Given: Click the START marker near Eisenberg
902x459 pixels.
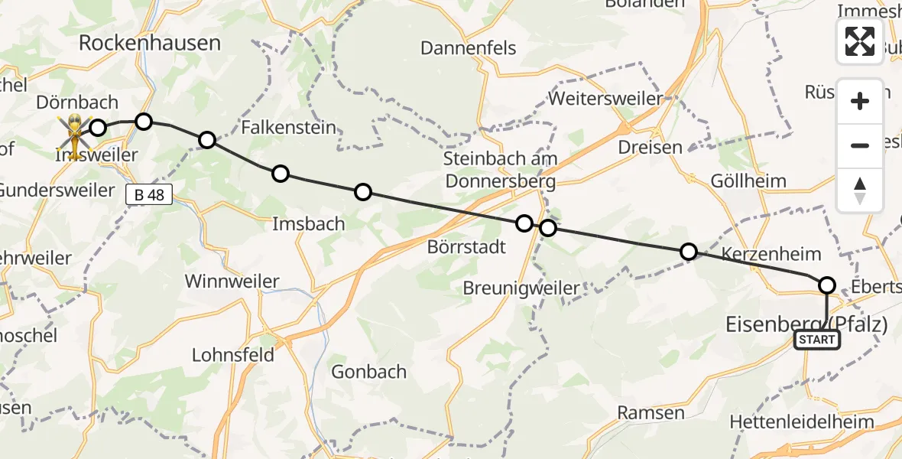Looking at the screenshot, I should [x=817, y=340].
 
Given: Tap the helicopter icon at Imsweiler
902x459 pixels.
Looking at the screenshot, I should [x=75, y=135].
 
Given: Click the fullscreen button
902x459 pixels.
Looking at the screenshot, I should [x=860, y=41].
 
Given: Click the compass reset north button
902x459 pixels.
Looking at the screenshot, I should [x=860, y=190].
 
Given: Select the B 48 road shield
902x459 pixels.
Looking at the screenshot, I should [x=149, y=195].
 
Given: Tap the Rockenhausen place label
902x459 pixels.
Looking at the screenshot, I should [x=150, y=43].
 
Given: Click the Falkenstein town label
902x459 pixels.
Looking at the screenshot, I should [x=288, y=127].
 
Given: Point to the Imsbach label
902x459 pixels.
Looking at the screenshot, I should [x=309, y=224].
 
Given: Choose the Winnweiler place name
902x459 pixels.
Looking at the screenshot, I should [x=232, y=281].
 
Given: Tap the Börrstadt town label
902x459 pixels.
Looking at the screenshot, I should [x=466, y=247].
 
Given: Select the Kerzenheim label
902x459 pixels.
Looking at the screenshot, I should [x=771, y=254].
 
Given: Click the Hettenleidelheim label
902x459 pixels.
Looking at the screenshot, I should [x=813, y=422].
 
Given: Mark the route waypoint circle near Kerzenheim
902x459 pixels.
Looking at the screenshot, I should [x=689, y=252].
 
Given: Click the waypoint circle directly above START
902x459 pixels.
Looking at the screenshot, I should [x=827, y=285].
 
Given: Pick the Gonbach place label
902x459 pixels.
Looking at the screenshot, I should [x=368, y=372].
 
